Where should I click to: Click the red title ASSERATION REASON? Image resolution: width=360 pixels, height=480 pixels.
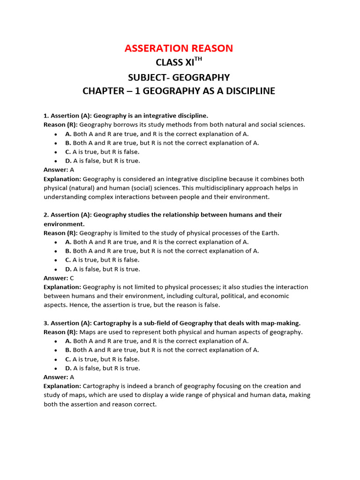coord(179,48)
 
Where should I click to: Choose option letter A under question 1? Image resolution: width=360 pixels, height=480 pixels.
coord(68,134)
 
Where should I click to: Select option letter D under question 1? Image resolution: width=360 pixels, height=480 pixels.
coord(68,161)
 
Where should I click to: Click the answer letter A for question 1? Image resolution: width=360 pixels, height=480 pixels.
coord(72,170)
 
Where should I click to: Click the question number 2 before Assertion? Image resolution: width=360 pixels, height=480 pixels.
coord(46,215)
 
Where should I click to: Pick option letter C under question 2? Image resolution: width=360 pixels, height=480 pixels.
coord(68,260)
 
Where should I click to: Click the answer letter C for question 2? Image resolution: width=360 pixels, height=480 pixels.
coord(72,278)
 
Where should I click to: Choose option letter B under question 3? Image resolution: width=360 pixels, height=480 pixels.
coord(68,350)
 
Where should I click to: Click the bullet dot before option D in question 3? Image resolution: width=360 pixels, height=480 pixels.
coord(56,368)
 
